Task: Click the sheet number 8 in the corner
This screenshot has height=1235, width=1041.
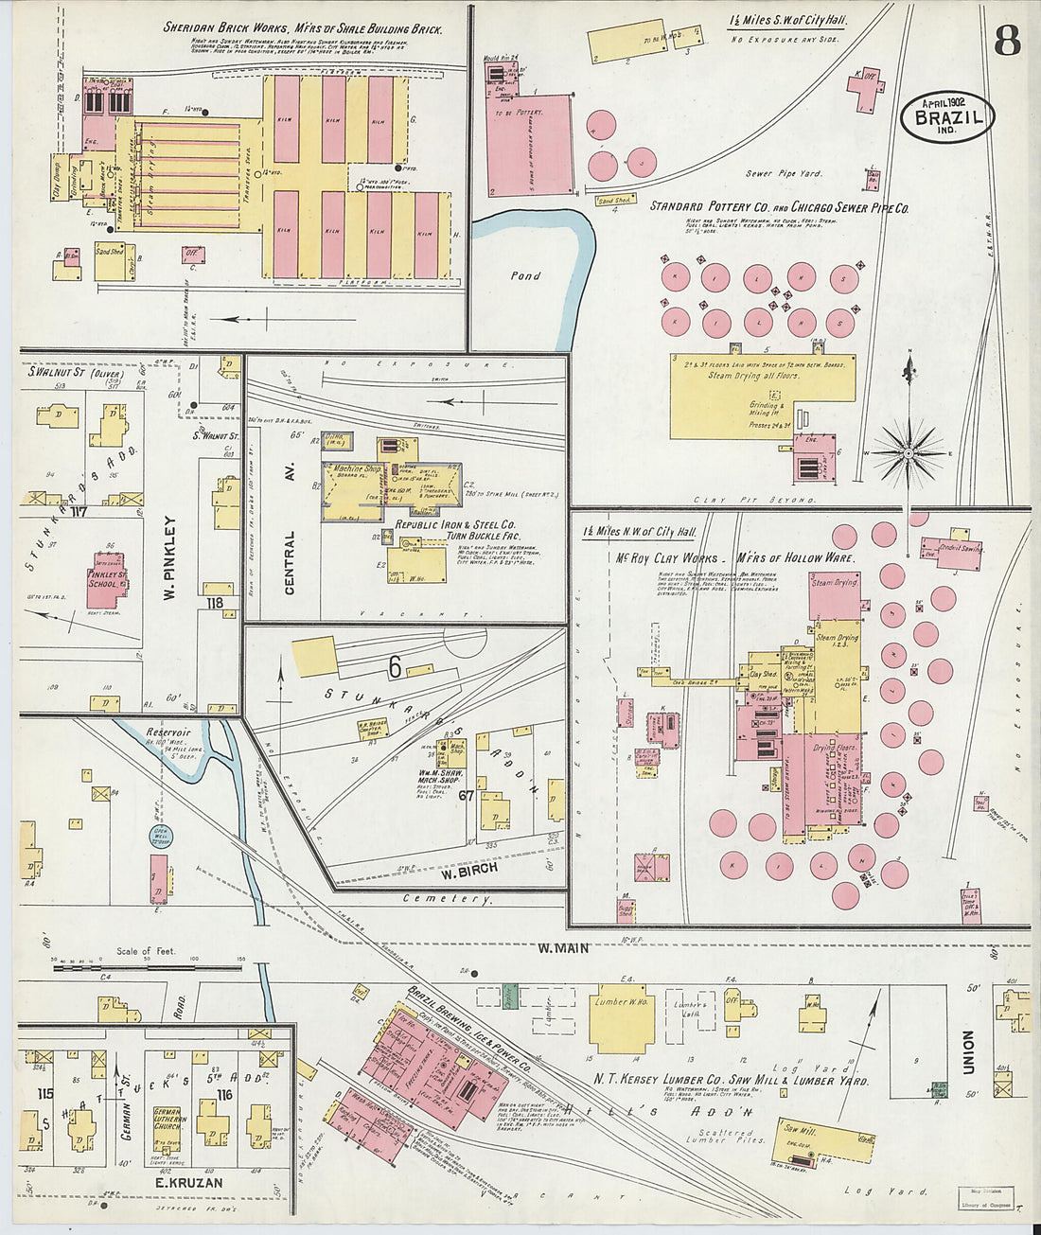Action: pyautogui.click(x=1006, y=41)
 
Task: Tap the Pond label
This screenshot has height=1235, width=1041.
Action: pyautogui.click(x=525, y=276)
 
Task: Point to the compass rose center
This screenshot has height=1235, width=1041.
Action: pyautogui.click(x=909, y=453)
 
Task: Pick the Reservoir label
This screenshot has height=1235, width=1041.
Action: pyautogui.click(x=168, y=732)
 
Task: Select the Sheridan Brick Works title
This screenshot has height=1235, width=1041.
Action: pyautogui.click(x=302, y=28)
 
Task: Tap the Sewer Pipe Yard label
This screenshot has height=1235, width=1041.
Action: pyautogui.click(x=784, y=174)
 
